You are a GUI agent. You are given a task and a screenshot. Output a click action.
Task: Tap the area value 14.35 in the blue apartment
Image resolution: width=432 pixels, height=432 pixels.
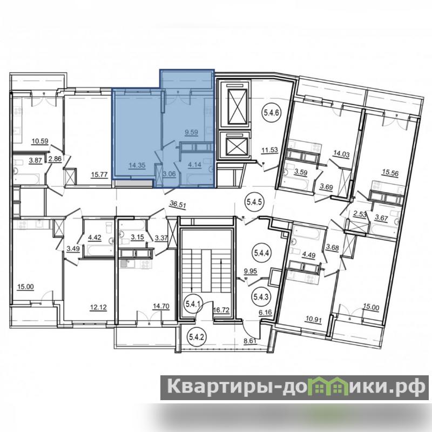pyautogui.click(x=137, y=166)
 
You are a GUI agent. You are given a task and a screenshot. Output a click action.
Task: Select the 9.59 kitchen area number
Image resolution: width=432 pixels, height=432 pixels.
pyautogui.click(x=191, y=132)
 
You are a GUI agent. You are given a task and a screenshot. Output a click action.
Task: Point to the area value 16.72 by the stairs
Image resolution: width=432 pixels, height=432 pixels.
pyautogui.click(x=221, y=311)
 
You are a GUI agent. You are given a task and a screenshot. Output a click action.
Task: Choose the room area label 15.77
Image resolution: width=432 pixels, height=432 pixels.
pyautogui.click(x=99, y=174)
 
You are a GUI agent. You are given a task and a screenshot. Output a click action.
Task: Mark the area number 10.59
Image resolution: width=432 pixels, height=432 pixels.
pyautogui.click(x=40, y=141)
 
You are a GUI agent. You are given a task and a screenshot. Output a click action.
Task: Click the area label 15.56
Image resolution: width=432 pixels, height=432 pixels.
pyautogui.click(x=390, y=173)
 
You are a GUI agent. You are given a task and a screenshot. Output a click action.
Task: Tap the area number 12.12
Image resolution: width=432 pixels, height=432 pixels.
pyautogui.click(x=98, y=307)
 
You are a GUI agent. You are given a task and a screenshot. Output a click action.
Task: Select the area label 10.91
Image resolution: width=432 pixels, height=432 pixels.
pyautogui.click(x=314, y=320)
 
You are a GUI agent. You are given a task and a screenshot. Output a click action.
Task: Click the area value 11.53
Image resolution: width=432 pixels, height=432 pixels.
pyautogui.click(x=269, y=150)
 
